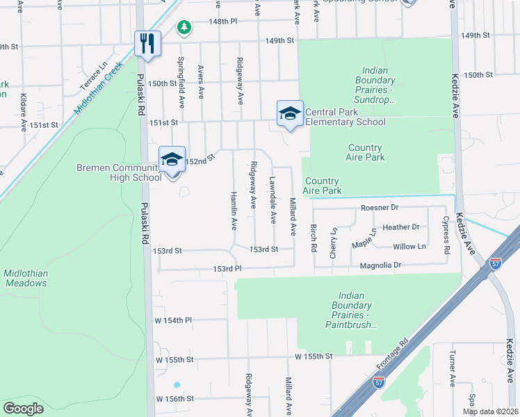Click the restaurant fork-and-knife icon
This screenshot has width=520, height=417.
pyautogui.click(x=147, y=44)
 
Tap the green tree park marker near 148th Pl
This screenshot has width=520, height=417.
pyautogui.click(x=184, y=28)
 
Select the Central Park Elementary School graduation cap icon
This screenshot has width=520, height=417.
pyautogui.click(x=289, y=114)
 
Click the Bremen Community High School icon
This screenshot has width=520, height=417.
pyautogui.click(x=172, y=160)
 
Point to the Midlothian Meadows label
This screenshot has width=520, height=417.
pyautogui.click(x=26, y=278)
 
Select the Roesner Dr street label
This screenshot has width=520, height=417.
pyautogui.click(x=380, y=208)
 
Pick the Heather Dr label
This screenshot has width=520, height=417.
pyautogui.click(x=401, y=227)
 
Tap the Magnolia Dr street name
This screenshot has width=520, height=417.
pyautogui.click(x=381, y=265)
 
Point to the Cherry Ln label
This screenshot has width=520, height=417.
pyautogui.click(x=334, y=244)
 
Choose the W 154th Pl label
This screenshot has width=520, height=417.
pyautogui.click(x=172, y=320)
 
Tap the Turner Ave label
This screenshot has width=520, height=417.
pyautogui.click(x=452, y=370)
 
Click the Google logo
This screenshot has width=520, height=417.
pyautogui.click(x=24, y=408)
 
